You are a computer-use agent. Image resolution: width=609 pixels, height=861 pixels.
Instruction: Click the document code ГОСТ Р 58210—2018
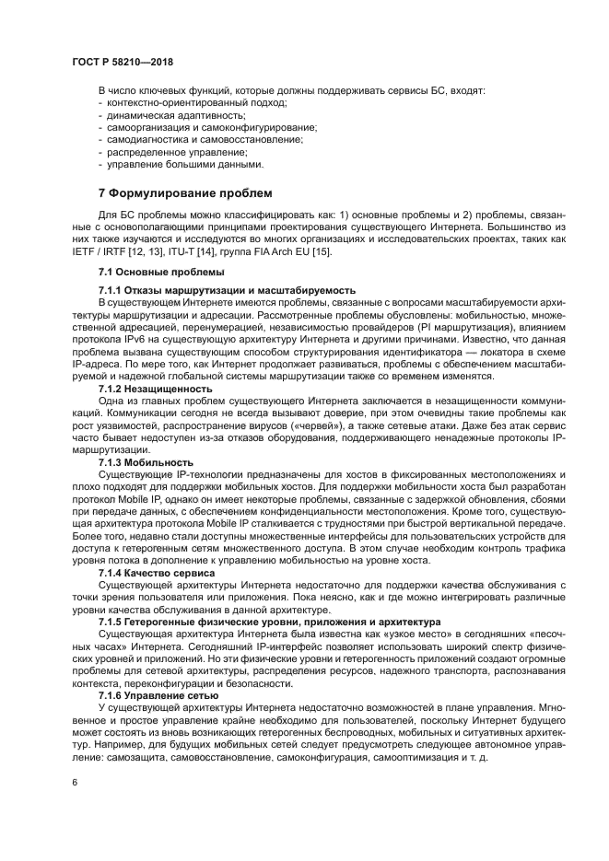[123, 62]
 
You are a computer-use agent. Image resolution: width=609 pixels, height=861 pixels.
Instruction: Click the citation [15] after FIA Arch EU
[323, 252]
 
